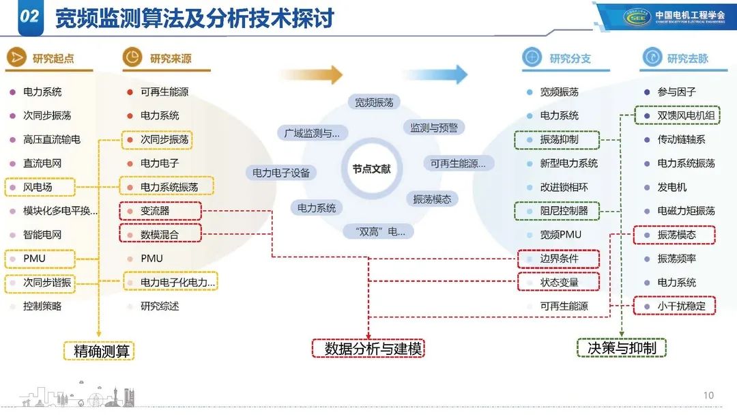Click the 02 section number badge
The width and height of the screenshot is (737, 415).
tap(29, 18)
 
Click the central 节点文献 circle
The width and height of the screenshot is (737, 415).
tap(372, 169)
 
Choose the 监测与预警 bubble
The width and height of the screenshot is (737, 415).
tap(433, 128)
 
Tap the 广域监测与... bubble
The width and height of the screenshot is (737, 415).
tap(312, 133)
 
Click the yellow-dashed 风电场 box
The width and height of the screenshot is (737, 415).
tap(39, 187)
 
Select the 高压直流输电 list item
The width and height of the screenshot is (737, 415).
tap(52, 139)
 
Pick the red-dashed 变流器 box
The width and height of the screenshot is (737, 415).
tap(160, 211)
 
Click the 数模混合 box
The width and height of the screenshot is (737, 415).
tap(160, 235)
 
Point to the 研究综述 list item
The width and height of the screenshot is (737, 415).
tap(160, 306)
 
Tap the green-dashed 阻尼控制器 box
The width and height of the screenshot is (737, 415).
tap(558, 211)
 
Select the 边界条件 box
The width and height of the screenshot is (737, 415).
tap(558, 259)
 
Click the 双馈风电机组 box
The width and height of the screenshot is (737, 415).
tap(676, 116)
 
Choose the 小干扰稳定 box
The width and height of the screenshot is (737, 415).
tap(675, 306)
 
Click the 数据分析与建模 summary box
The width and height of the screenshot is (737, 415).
tap(369, 348)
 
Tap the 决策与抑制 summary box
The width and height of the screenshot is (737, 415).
tap(622, 347)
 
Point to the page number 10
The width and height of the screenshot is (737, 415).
tap(708, 395)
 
